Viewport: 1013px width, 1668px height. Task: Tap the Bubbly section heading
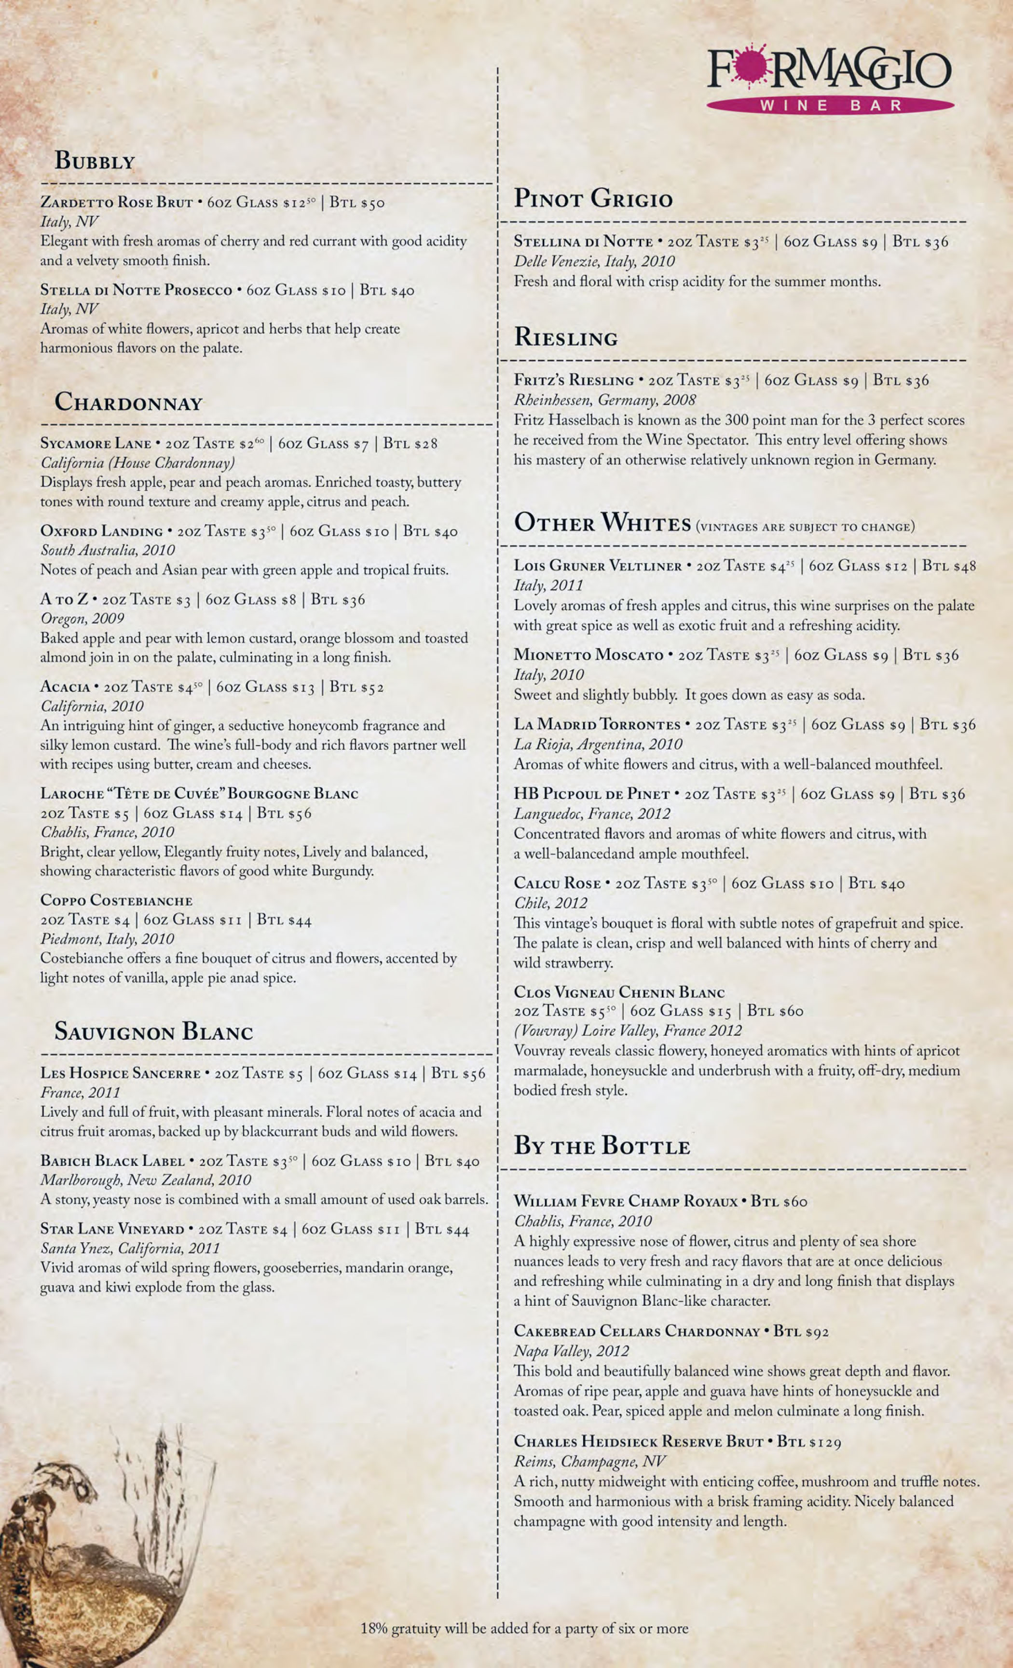pyautogui.click(x=95, y=161)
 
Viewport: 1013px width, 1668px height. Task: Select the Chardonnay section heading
pyautogui.click(x=129, y=402)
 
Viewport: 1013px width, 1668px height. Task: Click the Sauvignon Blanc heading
pyautogui.click(x=154, y=1031)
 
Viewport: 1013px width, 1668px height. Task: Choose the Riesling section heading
pyautogui.click(x=566, y=337)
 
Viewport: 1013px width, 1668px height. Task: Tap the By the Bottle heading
pyautogui.click(x=602, y=1145)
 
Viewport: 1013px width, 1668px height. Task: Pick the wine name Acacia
pyautogui.click(x=65, y=687)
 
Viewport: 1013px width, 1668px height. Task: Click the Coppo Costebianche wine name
pyautogui.click(x=116, y=900)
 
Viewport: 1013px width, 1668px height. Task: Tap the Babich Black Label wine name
pyautogui.click(x=112, y=1161)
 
